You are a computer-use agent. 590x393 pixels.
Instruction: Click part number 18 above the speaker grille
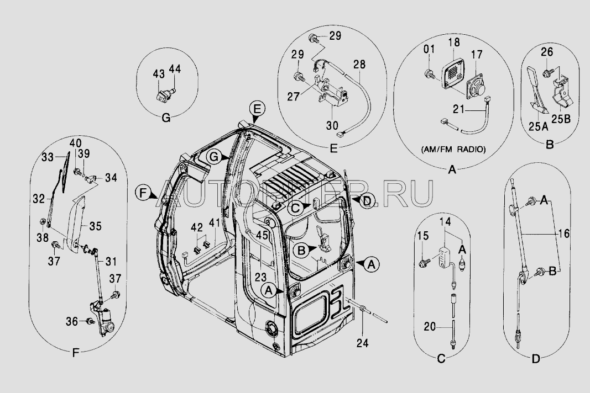click(x=454, y=43)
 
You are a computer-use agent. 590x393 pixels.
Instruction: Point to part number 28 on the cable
click(x=359, y=65)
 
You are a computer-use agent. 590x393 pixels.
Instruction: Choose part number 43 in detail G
click(x=158, y=73)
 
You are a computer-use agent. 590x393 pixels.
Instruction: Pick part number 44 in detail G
click(x=174, y=69)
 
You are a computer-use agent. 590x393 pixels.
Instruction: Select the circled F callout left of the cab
click(x=143, y=193)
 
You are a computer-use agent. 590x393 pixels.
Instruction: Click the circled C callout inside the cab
click(x=296, y=207)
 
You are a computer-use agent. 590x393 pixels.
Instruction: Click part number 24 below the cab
click(x=362, y=343)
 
